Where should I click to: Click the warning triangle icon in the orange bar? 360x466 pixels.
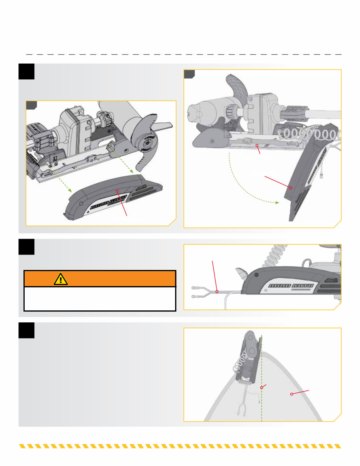[61, 279]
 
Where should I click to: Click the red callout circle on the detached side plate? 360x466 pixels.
[117, 191]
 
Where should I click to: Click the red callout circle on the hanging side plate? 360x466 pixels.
[291, 188]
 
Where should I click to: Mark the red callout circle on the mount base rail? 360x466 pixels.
[258, 146]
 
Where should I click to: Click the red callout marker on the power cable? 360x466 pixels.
[217, 292]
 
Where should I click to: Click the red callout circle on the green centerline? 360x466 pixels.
[262, 387]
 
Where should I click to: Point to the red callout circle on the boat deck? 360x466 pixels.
[291, 394]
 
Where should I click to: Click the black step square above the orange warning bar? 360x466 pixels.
[27, 246]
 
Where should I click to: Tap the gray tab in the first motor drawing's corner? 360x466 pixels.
[31, 105]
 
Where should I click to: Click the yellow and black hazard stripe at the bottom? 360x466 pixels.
[180, 446]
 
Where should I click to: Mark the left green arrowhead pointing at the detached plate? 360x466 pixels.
[70, 190]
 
